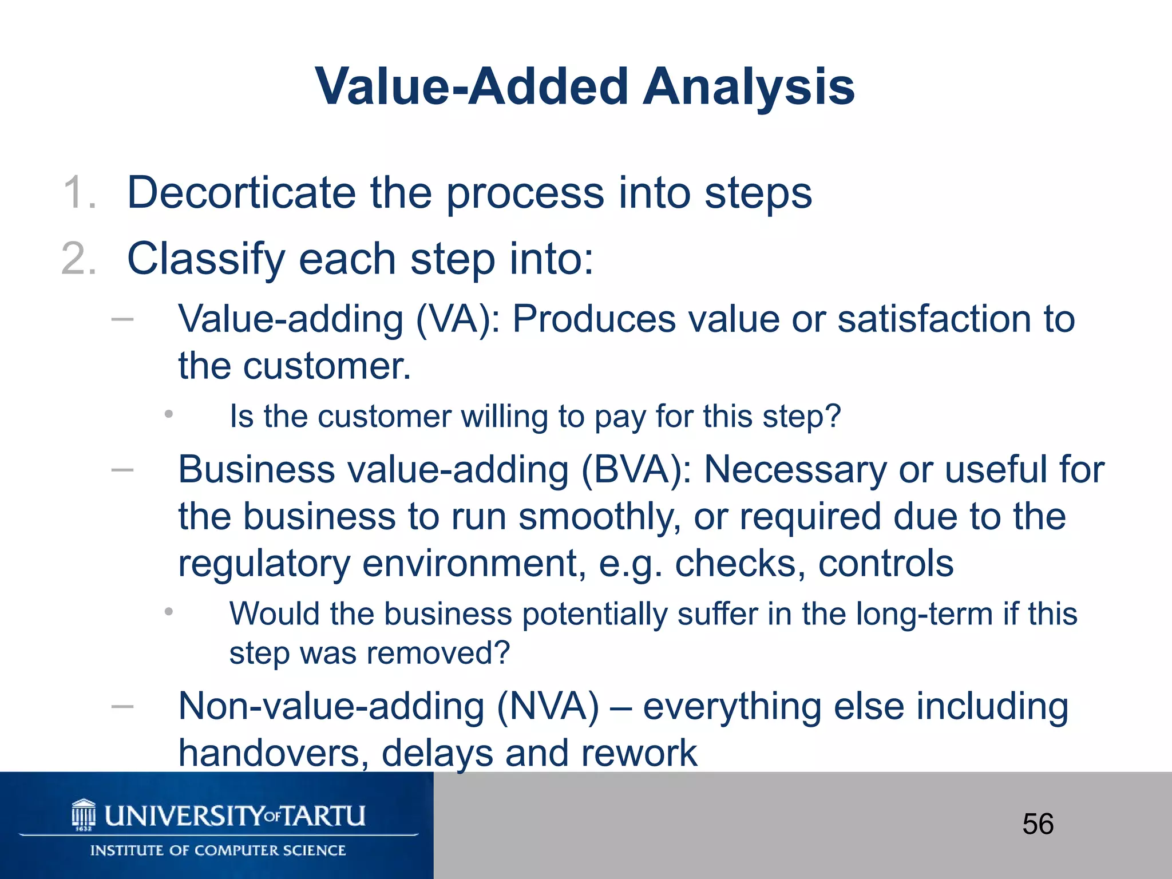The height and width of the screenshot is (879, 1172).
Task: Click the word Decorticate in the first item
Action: coord(241,193)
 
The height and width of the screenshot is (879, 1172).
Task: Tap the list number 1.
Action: coord(79,193)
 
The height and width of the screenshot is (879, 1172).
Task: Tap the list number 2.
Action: coord(79,259)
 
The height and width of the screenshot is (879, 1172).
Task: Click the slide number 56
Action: coord(1038,825)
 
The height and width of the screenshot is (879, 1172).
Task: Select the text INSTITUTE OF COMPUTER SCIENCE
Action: coord(218,850)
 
